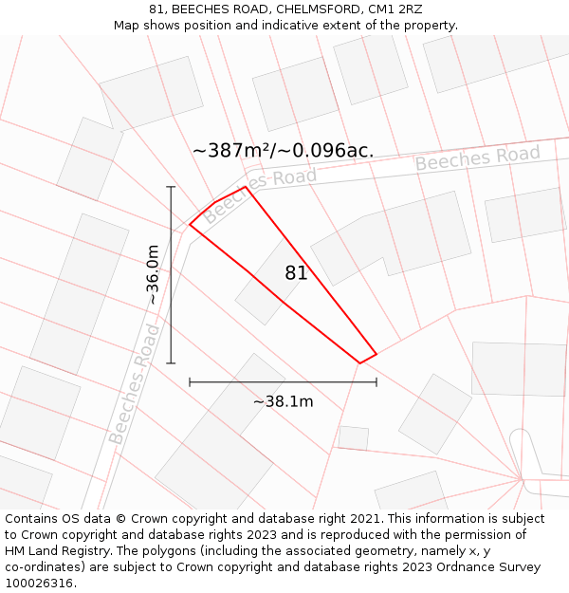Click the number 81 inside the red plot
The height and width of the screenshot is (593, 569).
296,273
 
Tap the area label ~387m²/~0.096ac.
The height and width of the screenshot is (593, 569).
283,151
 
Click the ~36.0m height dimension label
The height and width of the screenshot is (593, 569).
153,275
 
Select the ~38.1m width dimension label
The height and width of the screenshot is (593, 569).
283,401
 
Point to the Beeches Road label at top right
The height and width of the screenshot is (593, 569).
477,158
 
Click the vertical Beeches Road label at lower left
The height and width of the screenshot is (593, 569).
134,383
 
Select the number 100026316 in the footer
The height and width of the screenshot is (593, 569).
40,583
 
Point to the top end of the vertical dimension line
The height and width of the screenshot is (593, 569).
172,187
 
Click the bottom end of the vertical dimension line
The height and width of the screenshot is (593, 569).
172,362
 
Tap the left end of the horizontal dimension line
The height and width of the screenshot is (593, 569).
190,382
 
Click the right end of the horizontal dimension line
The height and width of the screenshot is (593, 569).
376,382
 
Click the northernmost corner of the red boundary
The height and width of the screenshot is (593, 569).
246,187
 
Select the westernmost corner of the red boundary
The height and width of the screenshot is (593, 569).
190,225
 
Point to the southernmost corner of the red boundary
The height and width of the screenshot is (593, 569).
359,362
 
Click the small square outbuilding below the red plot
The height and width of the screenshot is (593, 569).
353,438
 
